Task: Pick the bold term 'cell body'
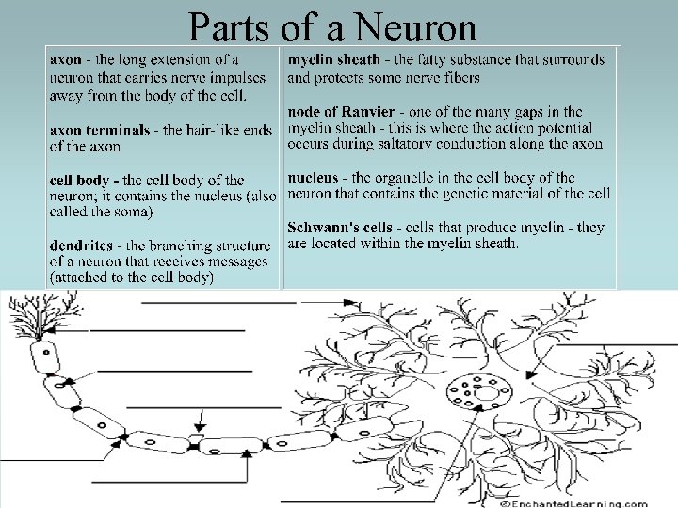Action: tap(82, 180)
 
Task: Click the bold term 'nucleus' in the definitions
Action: tap(313, 177)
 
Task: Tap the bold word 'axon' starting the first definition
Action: tap(66, 60)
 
